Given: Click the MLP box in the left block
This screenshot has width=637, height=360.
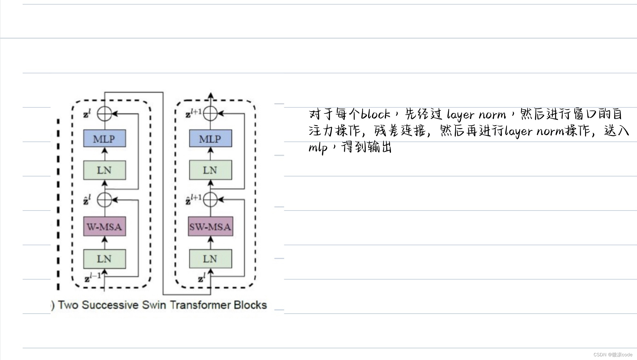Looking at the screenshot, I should (x=105, y=139).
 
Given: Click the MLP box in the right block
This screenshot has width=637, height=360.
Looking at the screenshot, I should (x=210, y=139).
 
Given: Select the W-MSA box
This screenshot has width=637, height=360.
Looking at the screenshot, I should (x=105, y=227).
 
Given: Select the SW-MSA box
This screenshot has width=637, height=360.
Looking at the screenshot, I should (x=210, y=227).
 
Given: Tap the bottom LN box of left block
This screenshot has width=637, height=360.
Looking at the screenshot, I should (x=105, y=259).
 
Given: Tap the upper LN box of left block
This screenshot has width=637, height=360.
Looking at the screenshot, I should (x=105, y=170).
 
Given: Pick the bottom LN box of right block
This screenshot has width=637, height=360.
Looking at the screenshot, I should (x=210, y=259).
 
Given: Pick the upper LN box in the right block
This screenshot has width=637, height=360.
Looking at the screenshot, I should (x=210, y=170).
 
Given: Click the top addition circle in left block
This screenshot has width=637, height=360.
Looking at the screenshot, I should (x=105, y=114).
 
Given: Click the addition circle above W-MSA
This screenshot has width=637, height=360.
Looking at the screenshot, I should (x=105, y=200).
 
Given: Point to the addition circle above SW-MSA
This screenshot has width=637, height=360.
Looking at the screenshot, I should (x=210, y=200).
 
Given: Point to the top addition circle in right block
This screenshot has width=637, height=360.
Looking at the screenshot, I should (x=210, y=114).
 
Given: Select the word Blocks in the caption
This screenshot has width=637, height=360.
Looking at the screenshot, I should (x=250, y=305).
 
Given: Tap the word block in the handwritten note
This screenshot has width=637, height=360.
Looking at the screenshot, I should (x=375, y=114).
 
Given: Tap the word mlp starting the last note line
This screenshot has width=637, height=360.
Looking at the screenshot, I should (x=318, y=148).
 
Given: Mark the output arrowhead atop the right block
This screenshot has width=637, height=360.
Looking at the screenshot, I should (x=210, y=95).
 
